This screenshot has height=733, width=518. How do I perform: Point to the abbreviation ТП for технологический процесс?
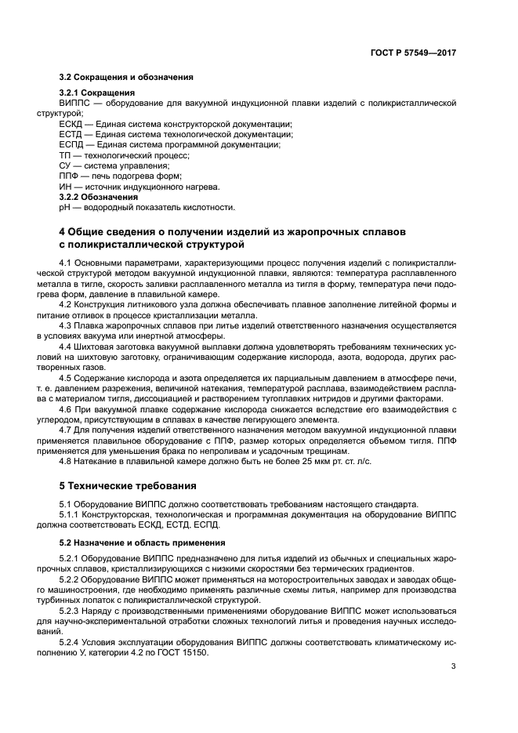[65, 155]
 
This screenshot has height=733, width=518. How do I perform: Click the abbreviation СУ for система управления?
[65, 165]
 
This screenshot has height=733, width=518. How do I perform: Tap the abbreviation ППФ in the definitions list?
[69, 176]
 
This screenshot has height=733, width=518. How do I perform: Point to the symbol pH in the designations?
[64, 207]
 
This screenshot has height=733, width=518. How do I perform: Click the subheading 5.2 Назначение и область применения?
[142, 542]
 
